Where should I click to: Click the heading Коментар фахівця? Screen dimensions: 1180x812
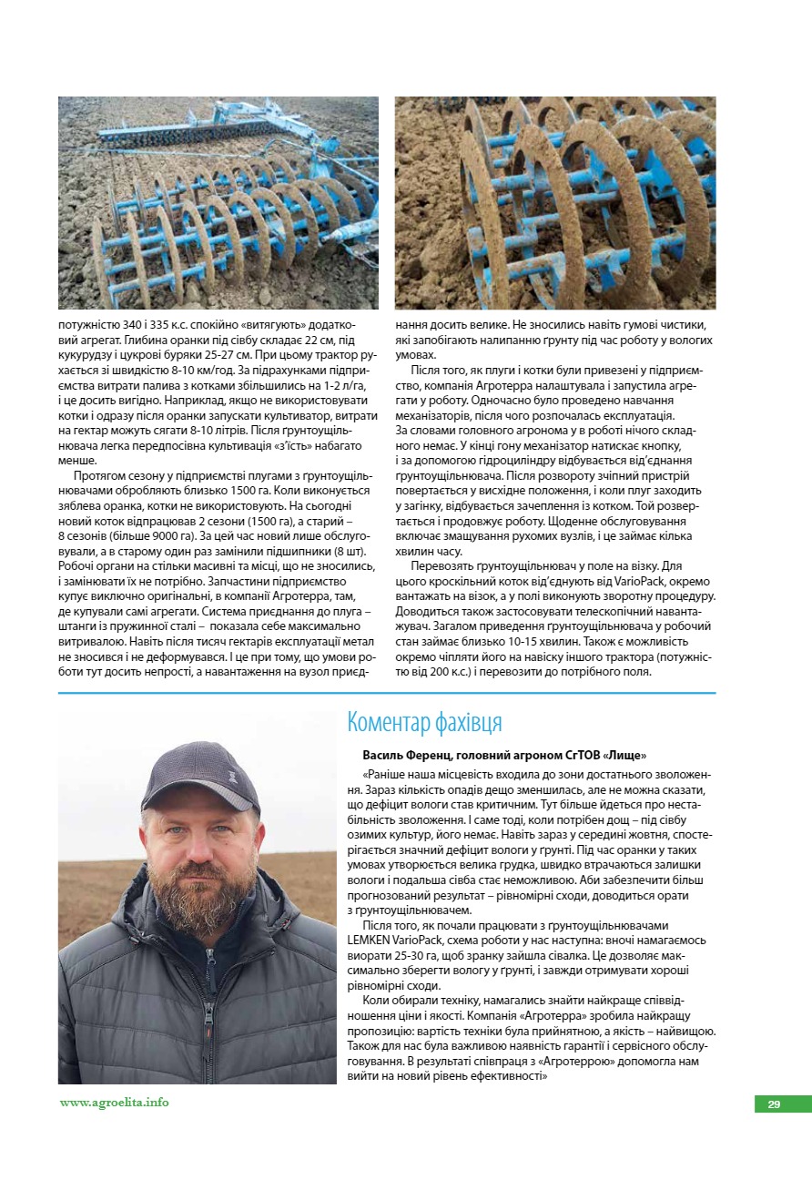click(424, 723)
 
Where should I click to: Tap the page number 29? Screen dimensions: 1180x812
click(774, 1104)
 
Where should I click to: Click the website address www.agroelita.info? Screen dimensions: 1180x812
click(115, 1102)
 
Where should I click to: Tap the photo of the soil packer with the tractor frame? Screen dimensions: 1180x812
click(218, 202)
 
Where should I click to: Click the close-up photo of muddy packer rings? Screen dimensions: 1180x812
click(555, 202)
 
